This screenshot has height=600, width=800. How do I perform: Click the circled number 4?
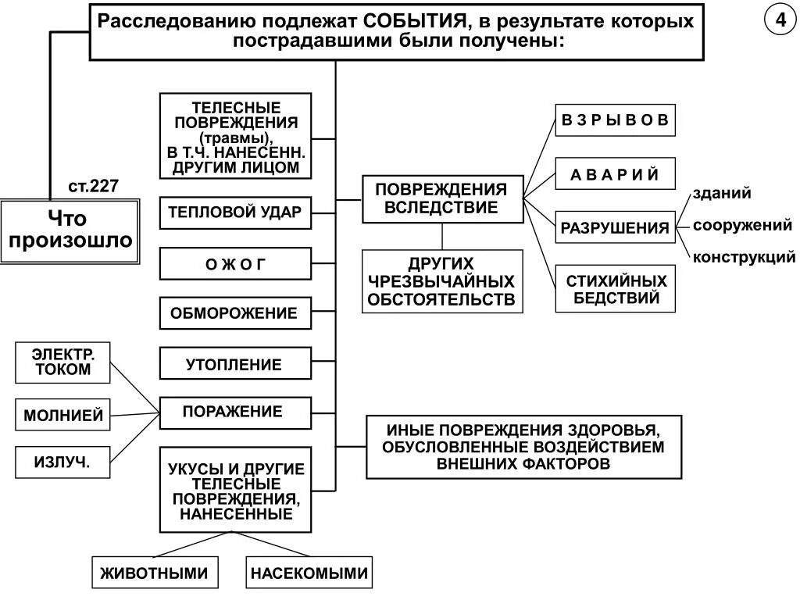click(780, 21)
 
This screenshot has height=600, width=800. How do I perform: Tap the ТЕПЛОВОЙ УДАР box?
click(235, 212)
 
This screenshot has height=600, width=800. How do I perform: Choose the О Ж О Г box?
click(235, 264)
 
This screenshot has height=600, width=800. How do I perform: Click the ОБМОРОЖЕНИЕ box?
click(235, 313)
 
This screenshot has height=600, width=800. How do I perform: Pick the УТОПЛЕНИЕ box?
click(235, 364)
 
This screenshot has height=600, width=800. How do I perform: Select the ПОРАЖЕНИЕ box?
click(235, 412)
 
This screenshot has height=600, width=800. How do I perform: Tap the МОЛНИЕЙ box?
click(62, 415)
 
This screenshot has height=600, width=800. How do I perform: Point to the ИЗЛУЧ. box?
click(62, 462)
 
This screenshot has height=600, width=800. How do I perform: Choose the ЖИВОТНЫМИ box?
click(154, 573)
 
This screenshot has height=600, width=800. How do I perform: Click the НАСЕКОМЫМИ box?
click(309, 573)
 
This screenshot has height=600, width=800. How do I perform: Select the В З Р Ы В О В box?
click(615, 120)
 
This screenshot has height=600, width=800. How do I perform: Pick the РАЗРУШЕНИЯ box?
click(615, 228)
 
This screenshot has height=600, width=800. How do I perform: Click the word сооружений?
click(742, 225)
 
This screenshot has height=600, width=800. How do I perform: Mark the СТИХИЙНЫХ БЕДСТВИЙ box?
click(615, 288)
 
